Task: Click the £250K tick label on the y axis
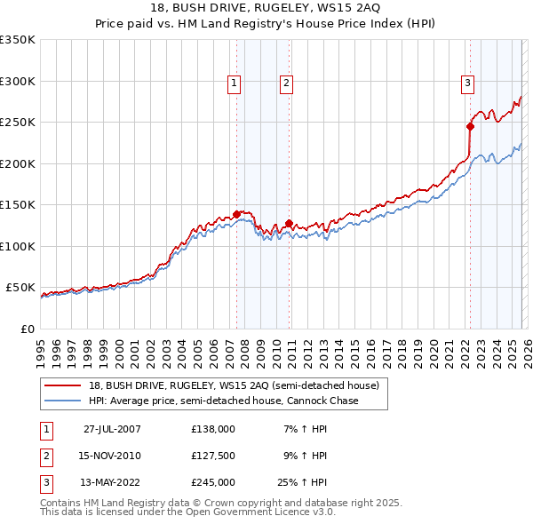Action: click(x=18, y=123)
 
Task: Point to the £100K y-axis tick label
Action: click(x=18, y=246)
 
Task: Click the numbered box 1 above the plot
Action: click(x=234, y=84)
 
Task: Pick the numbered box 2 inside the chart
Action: click(x=287, y=84)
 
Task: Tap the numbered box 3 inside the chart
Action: click(x=467, y=84)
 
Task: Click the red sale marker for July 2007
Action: click(x=236, y=214)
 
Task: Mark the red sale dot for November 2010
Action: click(x=289, y=223)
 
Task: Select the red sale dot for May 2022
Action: click(x=470, y=126)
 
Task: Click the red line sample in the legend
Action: click(x=64, y=385)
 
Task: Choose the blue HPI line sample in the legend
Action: click(x=64, y=401)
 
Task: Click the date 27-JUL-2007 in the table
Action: click(x=112, y=429)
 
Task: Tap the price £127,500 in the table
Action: click(x=213, y=456)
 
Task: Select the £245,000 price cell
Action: click(x=213, y=482)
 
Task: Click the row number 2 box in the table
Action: click(x=44, y=456)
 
